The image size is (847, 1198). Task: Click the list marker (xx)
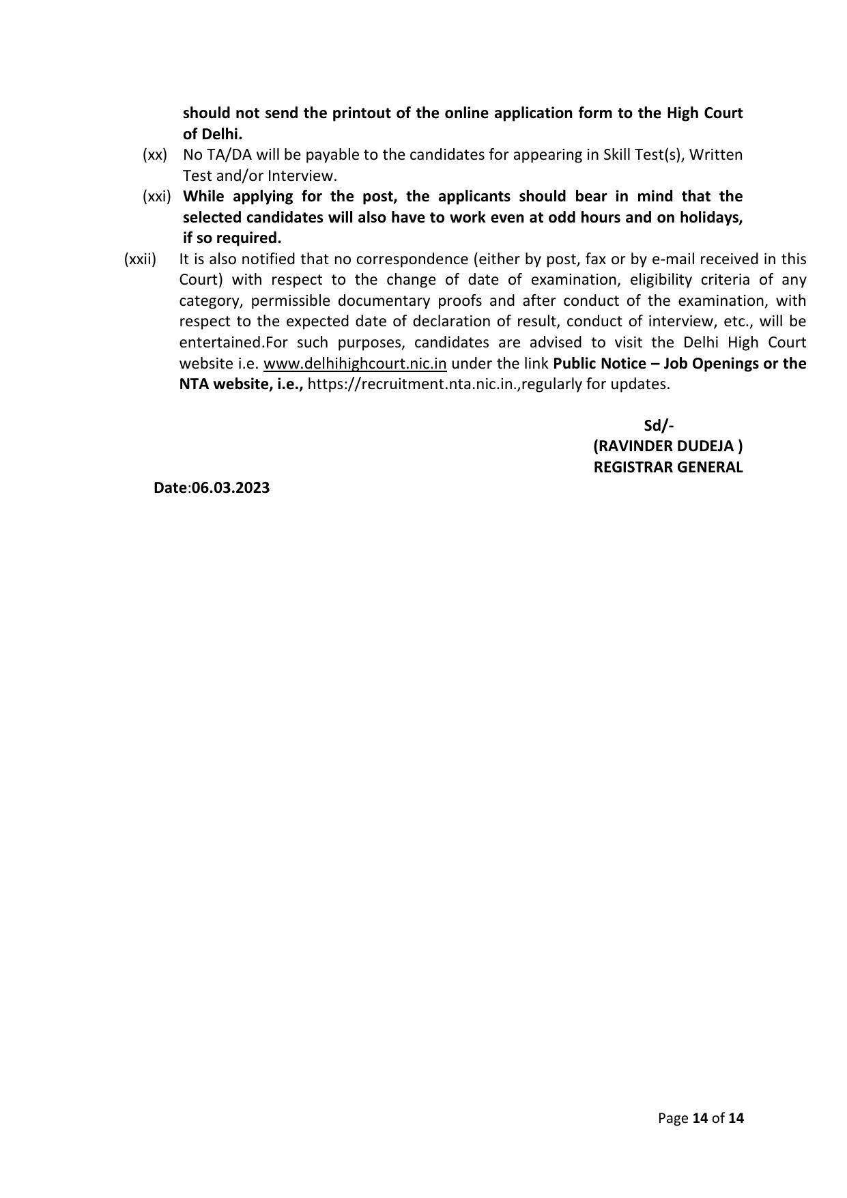click(x=155, y=155)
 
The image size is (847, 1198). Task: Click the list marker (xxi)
click(x=156, y=197)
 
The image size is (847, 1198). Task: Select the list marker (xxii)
click(x=140, y=259)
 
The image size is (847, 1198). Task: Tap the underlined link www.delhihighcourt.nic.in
click(x=355, y=363)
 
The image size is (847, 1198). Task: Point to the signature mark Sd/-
click(x=659, y=426)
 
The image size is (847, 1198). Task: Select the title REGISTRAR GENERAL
click(x=668, y=468)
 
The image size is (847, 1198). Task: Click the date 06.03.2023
click(x=231, y=488)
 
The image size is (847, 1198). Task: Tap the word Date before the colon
click(x=171, y=488)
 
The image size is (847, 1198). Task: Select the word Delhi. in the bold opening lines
click(x=222, y=134)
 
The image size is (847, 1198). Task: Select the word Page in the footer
click(x=673, y=1118)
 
